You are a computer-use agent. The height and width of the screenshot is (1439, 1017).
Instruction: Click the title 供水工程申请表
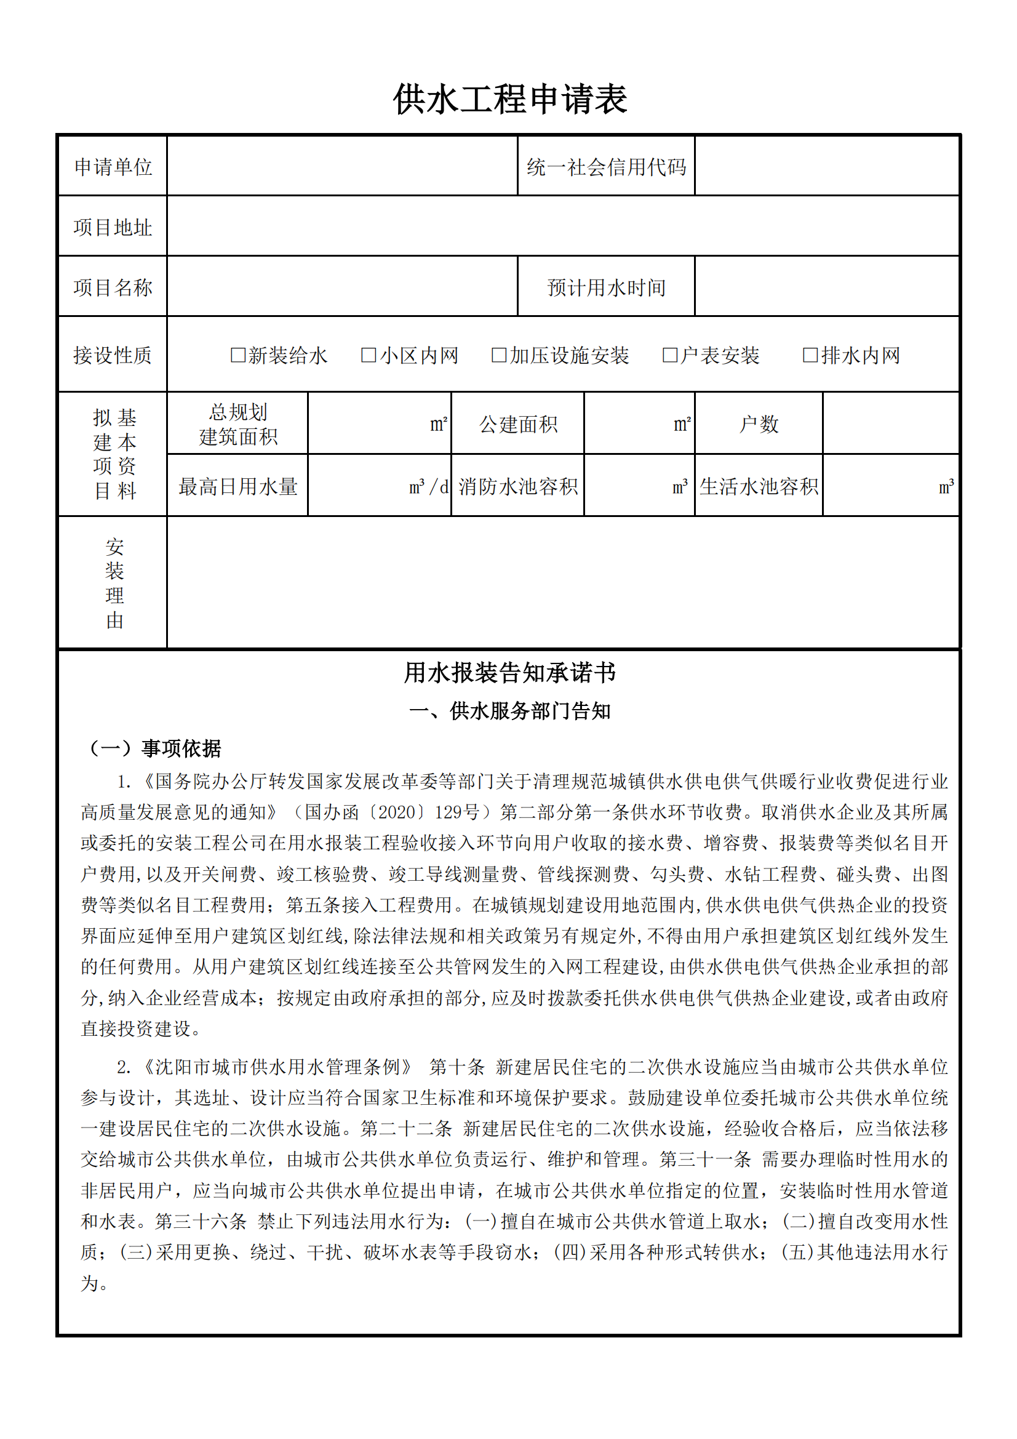pyautogui.click(x=509, y=100)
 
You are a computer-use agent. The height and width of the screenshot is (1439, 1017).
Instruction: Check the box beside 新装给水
pyautogui.click(x=238, y=355)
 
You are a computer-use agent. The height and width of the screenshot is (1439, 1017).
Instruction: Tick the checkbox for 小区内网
pyautogui.click(x=369, y=355)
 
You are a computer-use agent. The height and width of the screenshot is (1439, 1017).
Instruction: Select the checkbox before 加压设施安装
pyautogui.click(x=499, y=355)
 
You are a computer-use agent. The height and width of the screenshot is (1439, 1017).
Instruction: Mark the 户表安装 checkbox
pyautogui.click(x=670, y=355)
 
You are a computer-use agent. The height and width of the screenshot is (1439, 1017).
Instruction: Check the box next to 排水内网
pyautogui.click(x=810, y=355)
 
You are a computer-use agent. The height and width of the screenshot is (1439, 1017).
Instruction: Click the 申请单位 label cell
pyautogui.click(x=113, y=167)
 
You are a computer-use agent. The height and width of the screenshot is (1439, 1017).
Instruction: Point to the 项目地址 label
pyautogui.click(x=113, y=227)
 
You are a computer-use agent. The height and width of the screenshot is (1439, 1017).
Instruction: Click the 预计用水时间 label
pyautogui.click(x=606, y=287)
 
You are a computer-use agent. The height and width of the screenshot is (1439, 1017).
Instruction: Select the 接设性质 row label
pyautogui.click(x=113, y=355)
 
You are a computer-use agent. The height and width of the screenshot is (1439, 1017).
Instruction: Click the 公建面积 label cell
pyautogui.click(x=518, y=424)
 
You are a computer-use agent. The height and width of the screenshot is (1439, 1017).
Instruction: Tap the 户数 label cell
pyautogui.click(x=758, y=424)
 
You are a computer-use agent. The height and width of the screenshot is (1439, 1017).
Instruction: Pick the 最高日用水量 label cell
pyautogui.click(x=237, y=486)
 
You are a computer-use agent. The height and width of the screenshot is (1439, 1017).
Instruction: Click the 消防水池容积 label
pyautogui.click(x=518, y=486)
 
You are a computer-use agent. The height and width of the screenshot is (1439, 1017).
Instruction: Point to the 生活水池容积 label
pyautogui.click(x=758, y=486)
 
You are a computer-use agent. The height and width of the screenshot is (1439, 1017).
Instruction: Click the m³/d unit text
pyautogui.click(x=429, y=486)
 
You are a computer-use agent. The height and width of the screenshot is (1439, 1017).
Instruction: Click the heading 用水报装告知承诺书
pyautogui.click(x=509, y=673)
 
